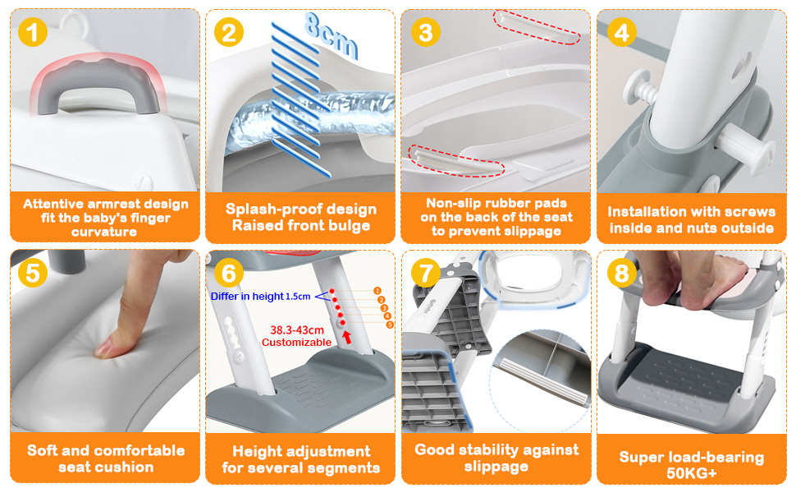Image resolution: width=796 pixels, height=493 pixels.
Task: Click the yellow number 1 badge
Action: (x=33, y=32)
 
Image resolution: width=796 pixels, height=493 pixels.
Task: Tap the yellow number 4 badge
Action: (x=622, y=32)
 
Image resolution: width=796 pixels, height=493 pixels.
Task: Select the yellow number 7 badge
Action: (x=426, y=273)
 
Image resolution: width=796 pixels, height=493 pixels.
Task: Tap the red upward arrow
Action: (x=347, y=336)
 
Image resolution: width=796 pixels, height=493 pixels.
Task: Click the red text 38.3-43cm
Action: (x=297, y=330)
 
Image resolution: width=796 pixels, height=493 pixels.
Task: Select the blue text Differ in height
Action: (x=247, y=297)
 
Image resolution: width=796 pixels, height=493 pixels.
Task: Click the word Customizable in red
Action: (x=296, y=343)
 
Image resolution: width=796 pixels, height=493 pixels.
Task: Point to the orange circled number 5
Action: (x=390, y=325)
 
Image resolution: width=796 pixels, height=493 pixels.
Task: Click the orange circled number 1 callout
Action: (x=377, y=291)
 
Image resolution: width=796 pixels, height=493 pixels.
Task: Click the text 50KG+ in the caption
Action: (x=692, y=473)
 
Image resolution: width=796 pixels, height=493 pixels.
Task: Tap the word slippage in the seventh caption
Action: (x=496, y=467)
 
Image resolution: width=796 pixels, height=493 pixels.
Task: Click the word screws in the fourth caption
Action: (x=748, y=212)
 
